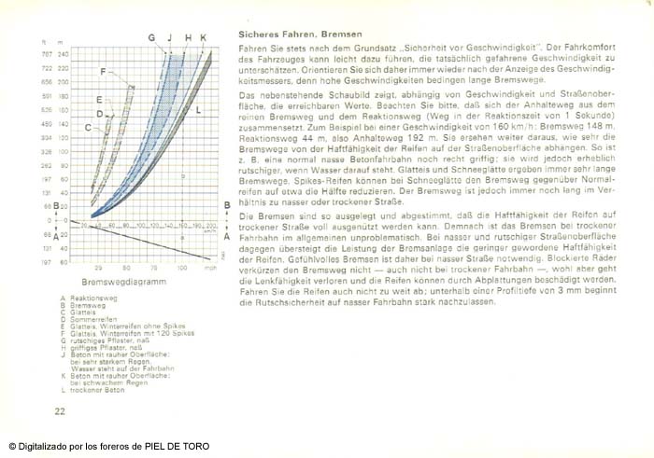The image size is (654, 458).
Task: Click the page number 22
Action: (60, 409)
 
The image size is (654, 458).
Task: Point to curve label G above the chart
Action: (151, 37)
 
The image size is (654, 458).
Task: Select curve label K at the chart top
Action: (204, 37)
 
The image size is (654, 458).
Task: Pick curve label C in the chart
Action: (88, 128)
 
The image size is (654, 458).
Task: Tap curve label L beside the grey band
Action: (198, 110)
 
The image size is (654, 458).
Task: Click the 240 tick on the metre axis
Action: (64, 54)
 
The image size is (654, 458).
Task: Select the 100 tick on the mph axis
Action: (182, 267)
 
